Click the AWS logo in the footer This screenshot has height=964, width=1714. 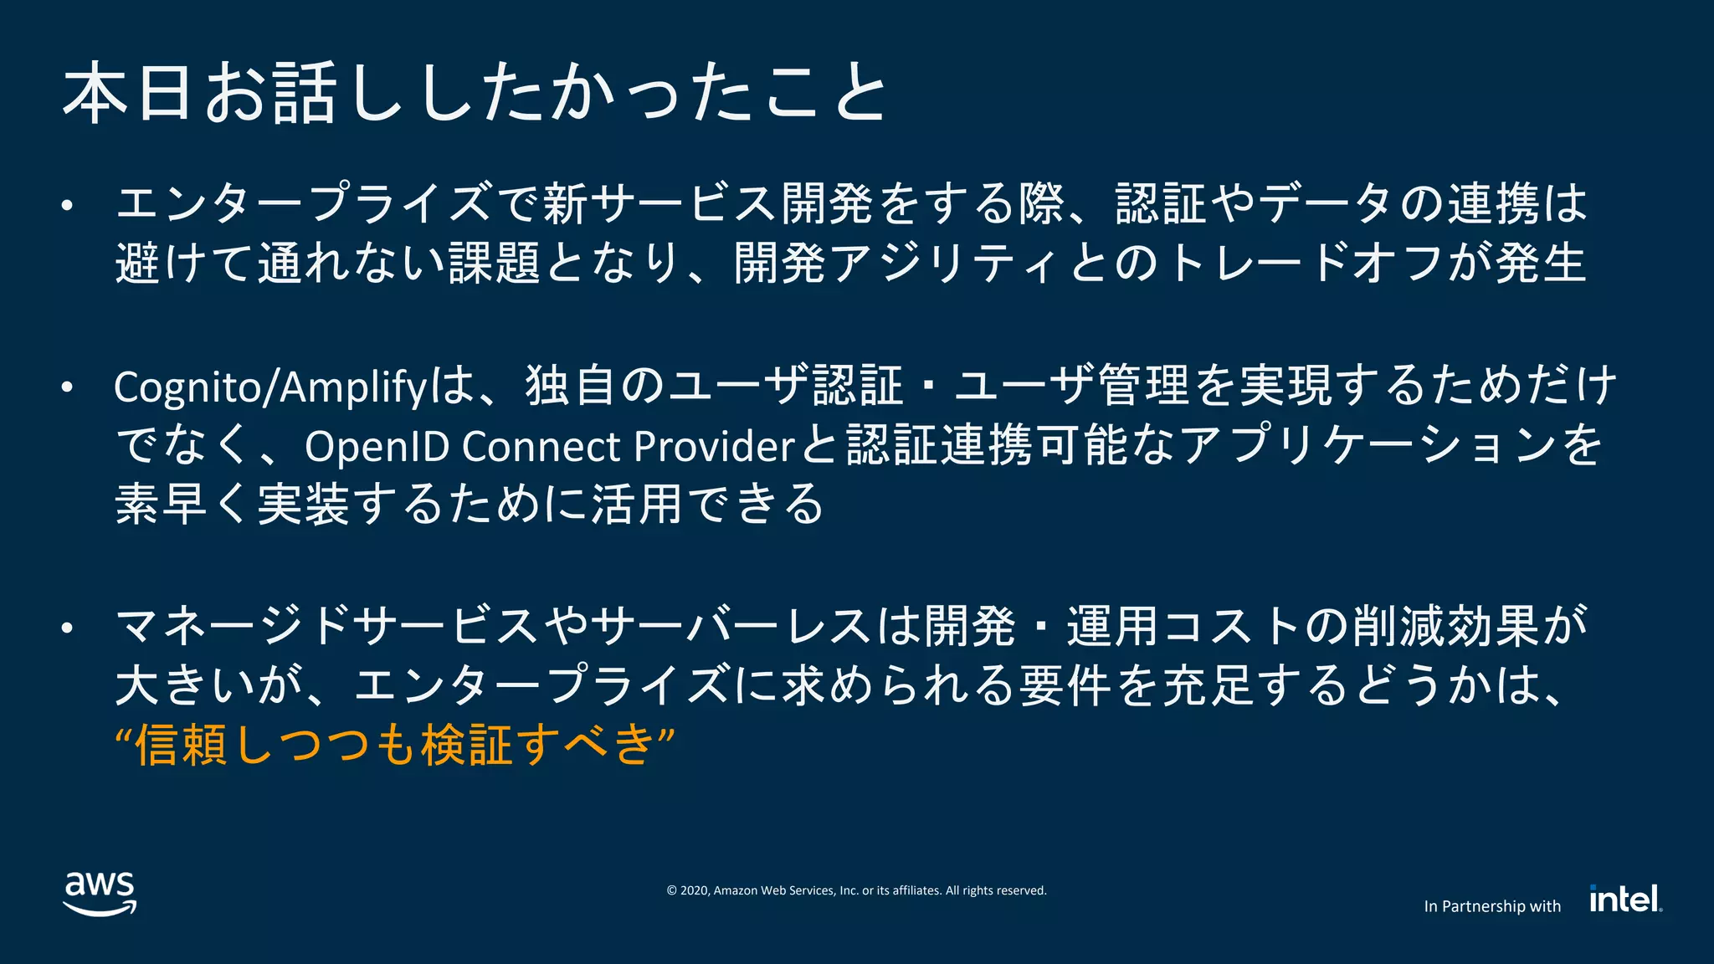[x=100, y=893]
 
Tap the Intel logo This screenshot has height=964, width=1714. [x=1624, y=899]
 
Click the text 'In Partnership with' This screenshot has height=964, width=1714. [x=1491, y=906]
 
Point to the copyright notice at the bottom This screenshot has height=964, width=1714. [x=856, y=890]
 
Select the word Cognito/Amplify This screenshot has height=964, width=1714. [x=270, y=387]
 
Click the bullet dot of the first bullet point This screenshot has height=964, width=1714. [x=68, y=205]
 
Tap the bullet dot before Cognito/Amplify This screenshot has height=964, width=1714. [x=68, y=387]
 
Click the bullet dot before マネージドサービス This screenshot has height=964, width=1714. [x=68, y=627]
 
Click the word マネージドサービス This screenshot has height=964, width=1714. [x=326, y=627]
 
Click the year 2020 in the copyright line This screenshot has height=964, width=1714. [x=695, y=890]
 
